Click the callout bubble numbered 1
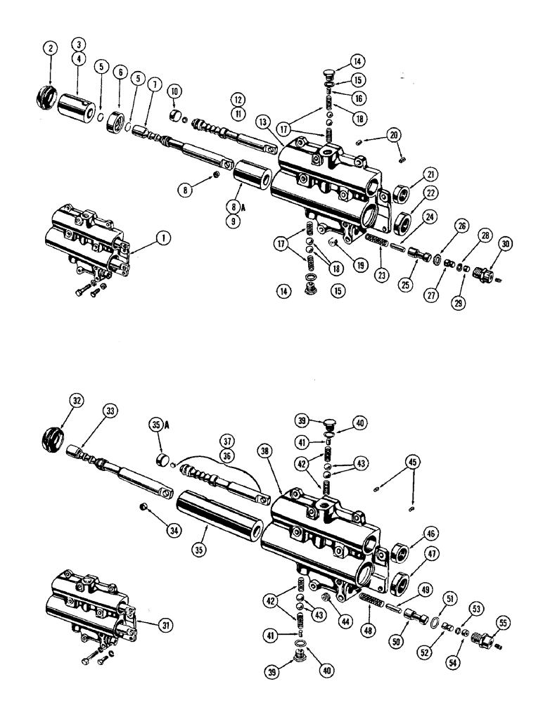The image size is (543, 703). (x=163, y=238)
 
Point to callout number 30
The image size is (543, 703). (x=505, y=244)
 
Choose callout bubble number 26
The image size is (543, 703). (x=442, y=226)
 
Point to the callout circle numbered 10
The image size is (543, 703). (x=174, y=92)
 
